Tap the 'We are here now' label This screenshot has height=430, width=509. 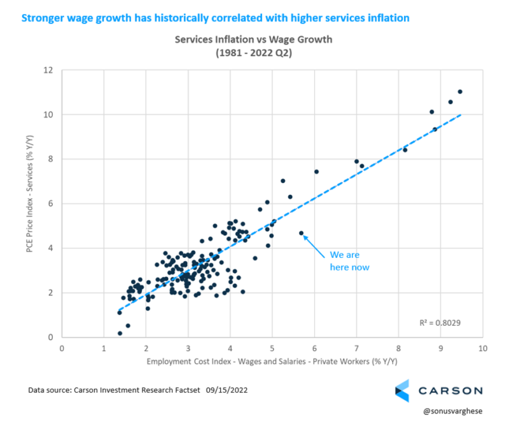tap(349, 261)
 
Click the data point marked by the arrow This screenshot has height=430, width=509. tap(301, 233)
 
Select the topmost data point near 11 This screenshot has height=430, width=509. tap(460, 91)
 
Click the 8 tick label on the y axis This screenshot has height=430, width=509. tap(49, 159)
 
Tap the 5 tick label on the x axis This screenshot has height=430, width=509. tap(272, 348)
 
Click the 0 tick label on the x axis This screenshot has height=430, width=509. tap(62, 348)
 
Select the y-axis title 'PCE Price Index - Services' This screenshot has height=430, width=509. tap(29, 203)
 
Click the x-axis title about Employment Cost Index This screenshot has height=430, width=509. tap(272, 363)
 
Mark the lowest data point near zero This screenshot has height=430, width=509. tap(120, 333)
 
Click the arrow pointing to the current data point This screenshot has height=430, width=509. tap(316, 245)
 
